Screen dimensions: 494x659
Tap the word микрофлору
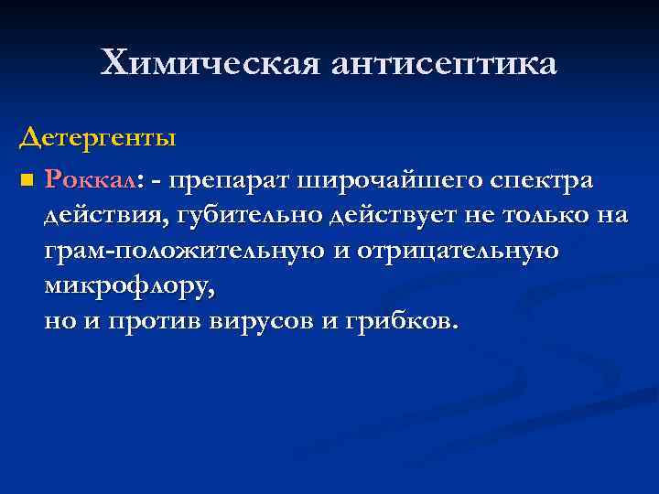coord(129,286)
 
